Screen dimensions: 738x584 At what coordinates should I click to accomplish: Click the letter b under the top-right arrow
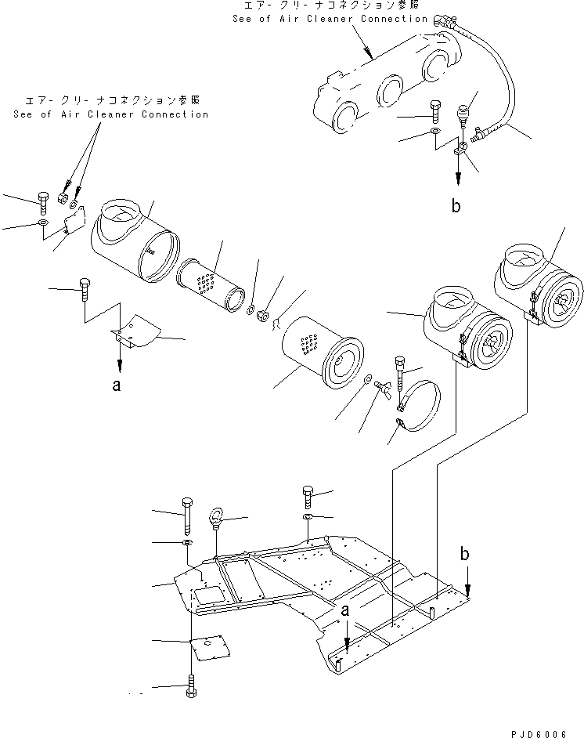[x=456, y=207]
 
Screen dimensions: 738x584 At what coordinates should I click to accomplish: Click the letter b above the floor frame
[x=466, y=554]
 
